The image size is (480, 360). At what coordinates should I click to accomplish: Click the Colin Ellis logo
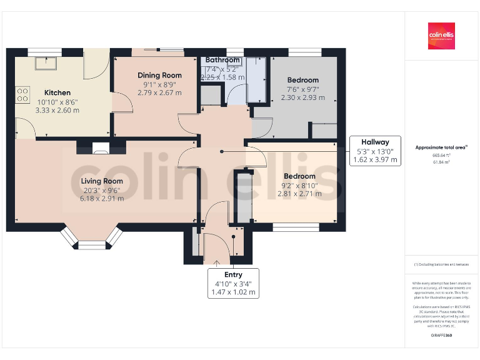(441, 36)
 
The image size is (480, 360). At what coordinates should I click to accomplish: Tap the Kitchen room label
(57, 92)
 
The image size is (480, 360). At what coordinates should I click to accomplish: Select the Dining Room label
(159, 76)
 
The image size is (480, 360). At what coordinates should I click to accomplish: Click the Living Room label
(101, 181)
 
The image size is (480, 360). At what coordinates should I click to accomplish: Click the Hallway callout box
(373, 151)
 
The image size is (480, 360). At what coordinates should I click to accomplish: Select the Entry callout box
(233, 283)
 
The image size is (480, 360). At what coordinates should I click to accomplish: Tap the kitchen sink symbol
(46, 63)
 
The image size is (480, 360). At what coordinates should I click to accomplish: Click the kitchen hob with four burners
(22, 94)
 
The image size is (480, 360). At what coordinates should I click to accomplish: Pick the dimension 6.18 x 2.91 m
(101, 199)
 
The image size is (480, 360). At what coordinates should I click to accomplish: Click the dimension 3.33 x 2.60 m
(57, 110)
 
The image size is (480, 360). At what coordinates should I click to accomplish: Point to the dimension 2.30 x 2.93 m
(302, 97)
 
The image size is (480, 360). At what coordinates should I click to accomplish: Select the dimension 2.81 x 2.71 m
(299, 194)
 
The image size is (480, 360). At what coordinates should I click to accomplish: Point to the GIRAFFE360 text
(441, 336)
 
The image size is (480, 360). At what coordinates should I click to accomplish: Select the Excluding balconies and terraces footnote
(441, 264)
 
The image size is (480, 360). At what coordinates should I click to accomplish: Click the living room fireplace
(100, 149)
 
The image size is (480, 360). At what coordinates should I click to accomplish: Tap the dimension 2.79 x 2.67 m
(159, 93)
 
